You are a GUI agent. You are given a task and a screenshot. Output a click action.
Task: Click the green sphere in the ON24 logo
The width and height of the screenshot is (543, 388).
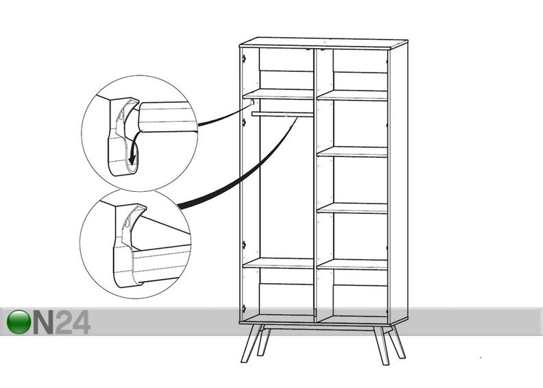coord(19,322)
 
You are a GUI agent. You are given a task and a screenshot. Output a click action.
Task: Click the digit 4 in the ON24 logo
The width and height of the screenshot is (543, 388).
coord(80,322)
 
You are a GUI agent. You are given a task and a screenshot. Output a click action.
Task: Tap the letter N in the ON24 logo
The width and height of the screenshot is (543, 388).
coord(44,322)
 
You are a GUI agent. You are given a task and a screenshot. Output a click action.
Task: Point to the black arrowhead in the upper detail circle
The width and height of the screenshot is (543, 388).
coord(132,159)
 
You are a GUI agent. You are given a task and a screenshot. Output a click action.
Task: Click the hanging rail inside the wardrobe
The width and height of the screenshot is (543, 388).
coord(282,114)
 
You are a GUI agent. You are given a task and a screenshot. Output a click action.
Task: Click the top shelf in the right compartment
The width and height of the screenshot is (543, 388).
coord(352,95)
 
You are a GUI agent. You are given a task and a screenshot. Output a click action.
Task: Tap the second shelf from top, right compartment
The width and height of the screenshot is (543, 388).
coord(352,151)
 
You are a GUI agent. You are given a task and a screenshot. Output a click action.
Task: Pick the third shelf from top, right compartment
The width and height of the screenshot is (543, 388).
coord(352,208)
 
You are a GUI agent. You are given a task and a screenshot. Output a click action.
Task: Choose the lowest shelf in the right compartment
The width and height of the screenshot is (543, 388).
coord(352,265)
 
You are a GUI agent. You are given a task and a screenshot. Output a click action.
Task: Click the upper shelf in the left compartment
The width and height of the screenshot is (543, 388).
coord(278,94)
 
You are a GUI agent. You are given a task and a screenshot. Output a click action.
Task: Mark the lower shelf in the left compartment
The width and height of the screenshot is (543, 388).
coord(278,263)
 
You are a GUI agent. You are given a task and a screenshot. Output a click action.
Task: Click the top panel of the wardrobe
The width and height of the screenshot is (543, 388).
coord(324,43)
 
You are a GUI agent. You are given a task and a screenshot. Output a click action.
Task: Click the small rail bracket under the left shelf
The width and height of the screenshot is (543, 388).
coord(252,102)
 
